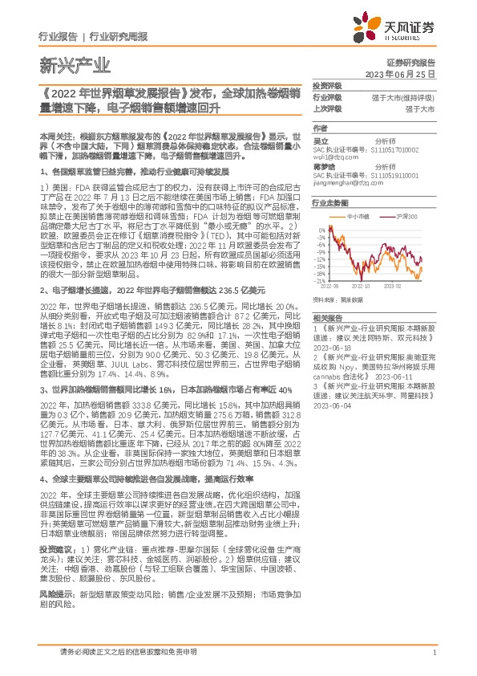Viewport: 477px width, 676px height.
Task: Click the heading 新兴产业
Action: pos(60,62)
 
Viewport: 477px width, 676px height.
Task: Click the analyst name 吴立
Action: pos(318,140)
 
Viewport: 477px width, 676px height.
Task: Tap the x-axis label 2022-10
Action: pos(362,285)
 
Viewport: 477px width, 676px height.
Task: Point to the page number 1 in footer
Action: pos(433,653)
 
